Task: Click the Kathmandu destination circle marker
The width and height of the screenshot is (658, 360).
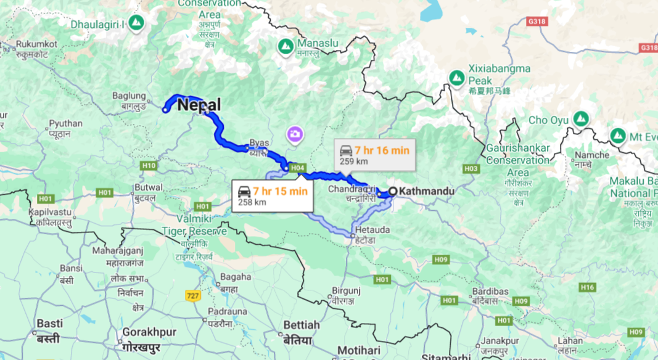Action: tap(392, 191)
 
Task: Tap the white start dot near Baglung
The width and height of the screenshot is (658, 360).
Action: tap(165, 110)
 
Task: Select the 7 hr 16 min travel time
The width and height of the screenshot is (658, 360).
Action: tap(381, 149)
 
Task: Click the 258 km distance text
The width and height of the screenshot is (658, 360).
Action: tap(252, 202)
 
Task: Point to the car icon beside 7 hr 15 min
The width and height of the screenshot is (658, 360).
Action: tap(244, 191)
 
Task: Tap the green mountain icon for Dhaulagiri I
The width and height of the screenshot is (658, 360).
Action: tap(136, 23)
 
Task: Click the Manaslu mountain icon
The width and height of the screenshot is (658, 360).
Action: tap(286, 45)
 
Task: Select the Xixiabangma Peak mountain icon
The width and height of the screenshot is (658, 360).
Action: tap(456, 76)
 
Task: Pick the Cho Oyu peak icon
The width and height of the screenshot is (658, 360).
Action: tap(580, 118)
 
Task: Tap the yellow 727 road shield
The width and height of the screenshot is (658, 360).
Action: tap(192, 296)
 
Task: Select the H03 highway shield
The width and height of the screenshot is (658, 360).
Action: tap(471, 168)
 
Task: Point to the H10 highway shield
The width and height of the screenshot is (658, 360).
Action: tap(149, 165)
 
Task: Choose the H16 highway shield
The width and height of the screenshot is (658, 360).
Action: tap(587, 287)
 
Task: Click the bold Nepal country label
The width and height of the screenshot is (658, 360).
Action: tap(199, 105)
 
